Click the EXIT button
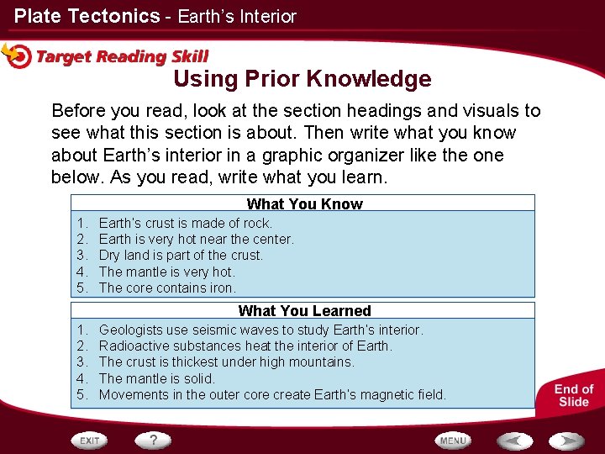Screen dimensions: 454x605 point(91,441)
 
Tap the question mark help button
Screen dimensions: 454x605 point(154,440)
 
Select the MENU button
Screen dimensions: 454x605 point(453,441)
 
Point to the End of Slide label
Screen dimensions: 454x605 point(574,395)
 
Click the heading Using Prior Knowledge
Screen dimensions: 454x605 point(302,79)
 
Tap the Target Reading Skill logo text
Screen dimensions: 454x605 point(122,57)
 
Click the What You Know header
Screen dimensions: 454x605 point(304,203)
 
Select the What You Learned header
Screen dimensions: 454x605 point(304,310)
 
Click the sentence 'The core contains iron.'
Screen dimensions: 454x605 point(167,288)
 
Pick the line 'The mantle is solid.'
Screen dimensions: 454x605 point(157,378)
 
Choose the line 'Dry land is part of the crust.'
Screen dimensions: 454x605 point(181,255)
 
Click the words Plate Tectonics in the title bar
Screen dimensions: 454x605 point(87,16)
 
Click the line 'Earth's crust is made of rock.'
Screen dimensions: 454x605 point(185,223)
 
